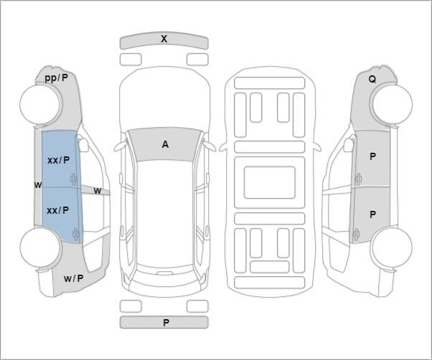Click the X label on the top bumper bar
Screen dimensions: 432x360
tap(164, 39)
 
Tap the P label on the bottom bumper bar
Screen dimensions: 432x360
tap(166, 323)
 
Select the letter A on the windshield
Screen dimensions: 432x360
tap(165, 144)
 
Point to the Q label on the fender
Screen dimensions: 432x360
tap(372, 80)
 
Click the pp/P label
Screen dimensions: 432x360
tap(56, 78)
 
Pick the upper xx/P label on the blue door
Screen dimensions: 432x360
tap(58, 160)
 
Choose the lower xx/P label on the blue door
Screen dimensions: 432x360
tap(58, 211)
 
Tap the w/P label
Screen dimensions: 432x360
tap(73, 278)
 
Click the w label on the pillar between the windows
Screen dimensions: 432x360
tap(98, 191)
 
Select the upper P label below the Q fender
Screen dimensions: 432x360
tap(372, 156)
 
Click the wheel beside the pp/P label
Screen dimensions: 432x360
tap(41, 104)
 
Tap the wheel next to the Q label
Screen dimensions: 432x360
tap(393, 104)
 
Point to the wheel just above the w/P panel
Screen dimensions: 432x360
tap(40, 247)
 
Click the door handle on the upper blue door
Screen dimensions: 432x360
tap(74, 179)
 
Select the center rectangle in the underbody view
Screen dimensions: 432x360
tap(269, 182)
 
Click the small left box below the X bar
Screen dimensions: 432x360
tap(131, 60)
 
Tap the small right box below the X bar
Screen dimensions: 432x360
tap(197, 60)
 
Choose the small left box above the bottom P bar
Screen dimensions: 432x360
tap(131, 306)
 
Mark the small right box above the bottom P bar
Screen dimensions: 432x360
tap(197, 306)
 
